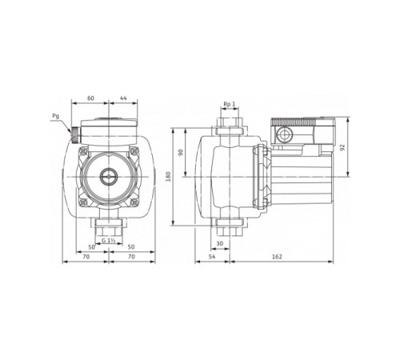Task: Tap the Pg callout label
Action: pyautogui.click(x=55, y=116)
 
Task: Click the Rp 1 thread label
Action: pyautogui.click(x=228, y=105)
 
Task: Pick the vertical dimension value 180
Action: pyautogui.click(x=169, y=177)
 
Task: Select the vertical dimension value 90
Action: pyautogui.click(x=181, y=152)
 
